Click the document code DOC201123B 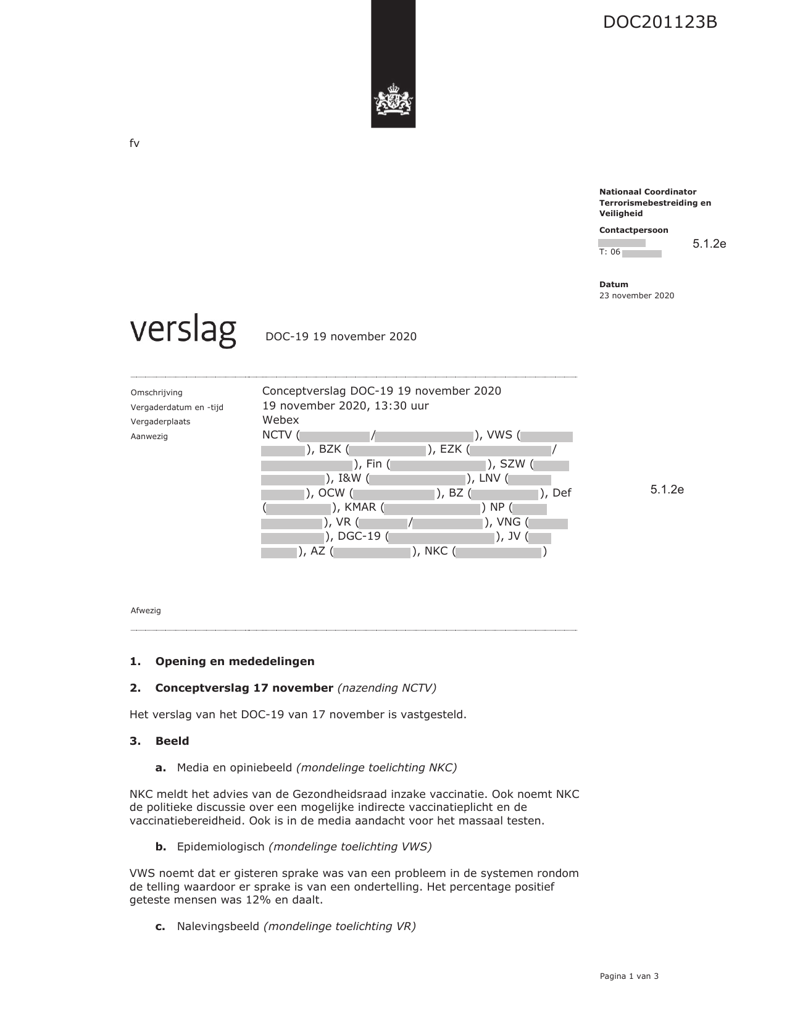660,23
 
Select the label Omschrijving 156,393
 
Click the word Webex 280,420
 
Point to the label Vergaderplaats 160,422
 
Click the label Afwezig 146,611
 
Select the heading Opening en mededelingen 235,661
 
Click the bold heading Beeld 172,741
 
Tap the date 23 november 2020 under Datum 636,296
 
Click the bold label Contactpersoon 633,230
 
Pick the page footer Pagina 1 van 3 629,976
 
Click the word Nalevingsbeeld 218,926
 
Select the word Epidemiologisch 220,847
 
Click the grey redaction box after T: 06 641,254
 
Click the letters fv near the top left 134,144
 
